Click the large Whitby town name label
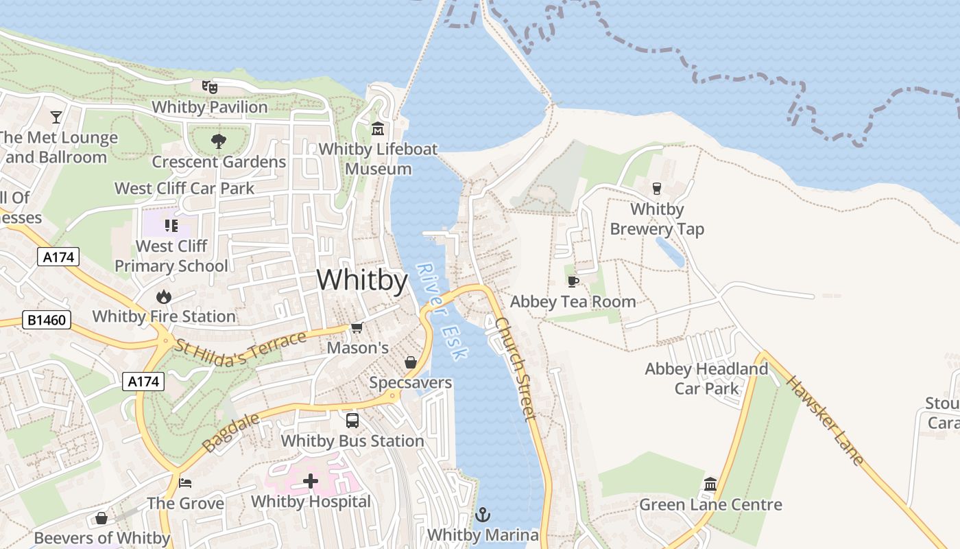point(362,280)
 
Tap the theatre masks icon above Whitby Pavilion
point(209,87)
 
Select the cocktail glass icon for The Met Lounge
point(56,117)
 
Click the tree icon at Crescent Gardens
point(219,141)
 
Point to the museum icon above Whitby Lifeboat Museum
point(377,128)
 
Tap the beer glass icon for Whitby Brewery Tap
point(656,188)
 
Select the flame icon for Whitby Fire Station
point(163,296)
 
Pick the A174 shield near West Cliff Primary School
point(58,257)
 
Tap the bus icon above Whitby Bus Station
point(352,421)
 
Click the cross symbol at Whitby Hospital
point(311,481)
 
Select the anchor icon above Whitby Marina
point(483,514)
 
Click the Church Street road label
point(515,369)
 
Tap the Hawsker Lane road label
point(825,420)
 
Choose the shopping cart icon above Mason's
point(357,327)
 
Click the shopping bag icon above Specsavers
point(410,362)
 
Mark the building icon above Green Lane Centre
point(710,484)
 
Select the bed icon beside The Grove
point(185,482)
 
